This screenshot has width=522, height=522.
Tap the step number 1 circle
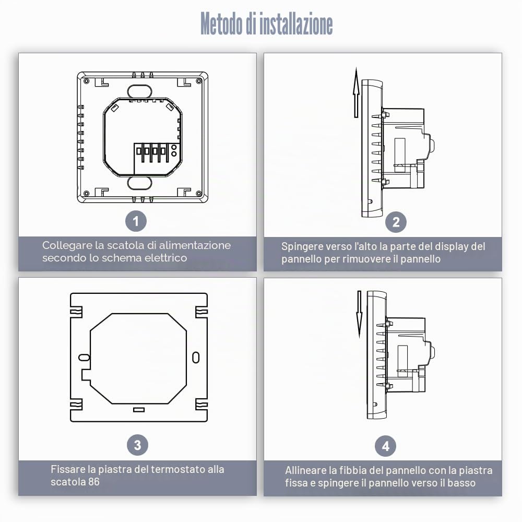click(x=136, y=221)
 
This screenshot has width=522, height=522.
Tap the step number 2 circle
click(x=396, y=222)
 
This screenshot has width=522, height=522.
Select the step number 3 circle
click(x=137, y=445)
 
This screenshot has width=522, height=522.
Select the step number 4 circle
click(x=386, y=446)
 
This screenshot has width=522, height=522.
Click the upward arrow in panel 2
click(x=356, y=92)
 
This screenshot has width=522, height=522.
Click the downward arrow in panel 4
click(x=359, y=314)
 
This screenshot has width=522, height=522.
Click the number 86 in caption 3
click(x=94, y=482)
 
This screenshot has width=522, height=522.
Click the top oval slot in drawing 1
click(x=139, y=91)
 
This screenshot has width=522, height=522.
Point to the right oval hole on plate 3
click(x=196, y=358)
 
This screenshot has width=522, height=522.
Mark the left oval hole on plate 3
click(x=84, y=358)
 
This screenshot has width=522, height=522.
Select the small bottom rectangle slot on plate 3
click(x=139, y=410)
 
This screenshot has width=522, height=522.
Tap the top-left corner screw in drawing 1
click(x=86, y=81)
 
